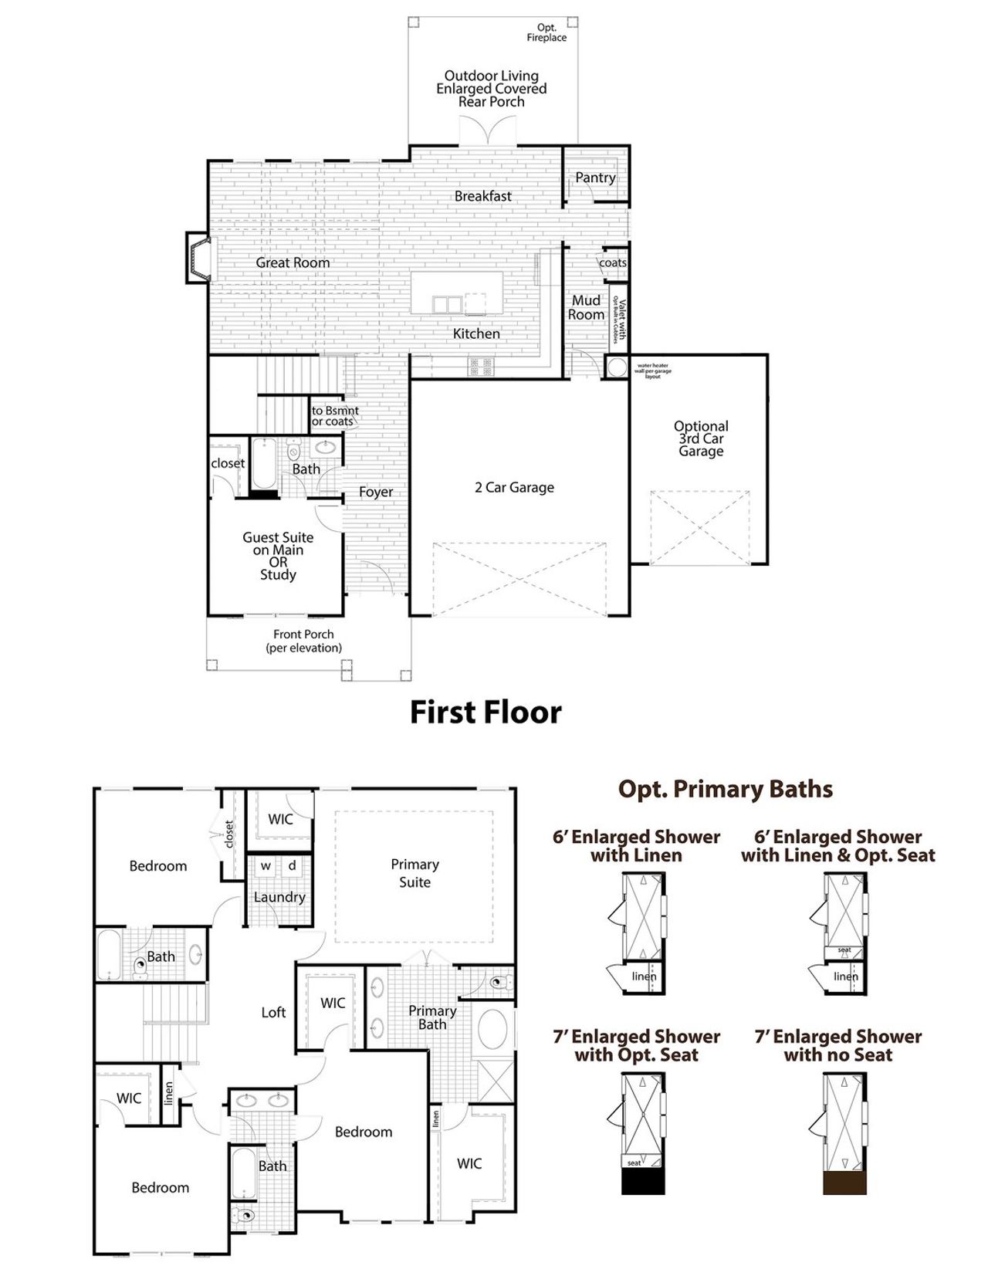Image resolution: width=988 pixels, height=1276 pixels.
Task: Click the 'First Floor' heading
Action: (x=485, y=712)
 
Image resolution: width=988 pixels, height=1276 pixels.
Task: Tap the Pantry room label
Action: (x=595, y=178)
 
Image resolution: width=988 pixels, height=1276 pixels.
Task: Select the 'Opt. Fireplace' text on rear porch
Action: (x=546, y=32)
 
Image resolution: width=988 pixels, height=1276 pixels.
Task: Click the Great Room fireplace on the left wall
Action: (x=198, y=258)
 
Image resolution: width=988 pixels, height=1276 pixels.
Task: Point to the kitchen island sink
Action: (x=446, y=304)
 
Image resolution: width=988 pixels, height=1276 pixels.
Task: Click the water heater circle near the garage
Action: (x=617, y=367)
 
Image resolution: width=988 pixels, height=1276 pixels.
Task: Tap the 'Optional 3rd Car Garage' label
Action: (x=701, y=438)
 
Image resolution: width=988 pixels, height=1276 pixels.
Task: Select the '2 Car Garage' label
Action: (x=514, y=487)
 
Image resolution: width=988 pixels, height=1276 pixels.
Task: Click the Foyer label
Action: (x=376, y=492)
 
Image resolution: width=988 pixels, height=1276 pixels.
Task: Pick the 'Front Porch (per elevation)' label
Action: (x=303, y=641)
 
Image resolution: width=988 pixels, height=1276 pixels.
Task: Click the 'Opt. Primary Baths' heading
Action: (x=725, y=789)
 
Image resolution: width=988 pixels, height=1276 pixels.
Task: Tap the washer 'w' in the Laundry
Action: (x=266, y=865)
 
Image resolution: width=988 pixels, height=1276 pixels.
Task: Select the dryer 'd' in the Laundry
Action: (x=293, y=865)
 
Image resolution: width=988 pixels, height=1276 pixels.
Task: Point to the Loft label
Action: (x=273, y=1012)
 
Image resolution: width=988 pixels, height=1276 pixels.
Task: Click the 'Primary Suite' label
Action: (x=414, y=873)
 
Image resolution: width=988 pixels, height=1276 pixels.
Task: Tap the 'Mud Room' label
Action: (x=586, y=307)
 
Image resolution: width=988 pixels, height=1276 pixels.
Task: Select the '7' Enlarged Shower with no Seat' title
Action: (x=837, y=1045)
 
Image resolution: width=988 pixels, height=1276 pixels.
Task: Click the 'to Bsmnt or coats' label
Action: (x=334, y=416)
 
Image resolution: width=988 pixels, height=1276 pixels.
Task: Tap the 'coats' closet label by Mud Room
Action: (x=613, y=262)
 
